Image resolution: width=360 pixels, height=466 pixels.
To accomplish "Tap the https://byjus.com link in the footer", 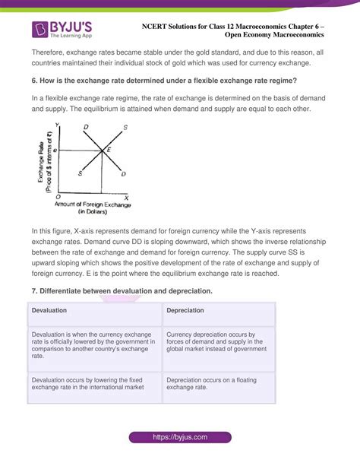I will click(179, 438).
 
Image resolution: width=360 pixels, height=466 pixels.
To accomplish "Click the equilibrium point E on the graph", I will click(109, 150).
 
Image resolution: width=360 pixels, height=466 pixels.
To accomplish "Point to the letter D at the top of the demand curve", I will click(85, 127).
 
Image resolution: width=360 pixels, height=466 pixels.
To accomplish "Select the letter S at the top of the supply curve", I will click(125, 127).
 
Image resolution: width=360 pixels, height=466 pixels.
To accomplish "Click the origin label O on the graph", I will click(58, 197).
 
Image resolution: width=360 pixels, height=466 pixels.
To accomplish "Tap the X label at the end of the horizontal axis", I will click(127, 197).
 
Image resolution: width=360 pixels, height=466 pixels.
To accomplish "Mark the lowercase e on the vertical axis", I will click(55, 151).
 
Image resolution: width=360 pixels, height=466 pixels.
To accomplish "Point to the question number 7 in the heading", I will click(33, 292).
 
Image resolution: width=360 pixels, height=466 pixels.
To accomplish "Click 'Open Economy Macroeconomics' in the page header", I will click(274, 34).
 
